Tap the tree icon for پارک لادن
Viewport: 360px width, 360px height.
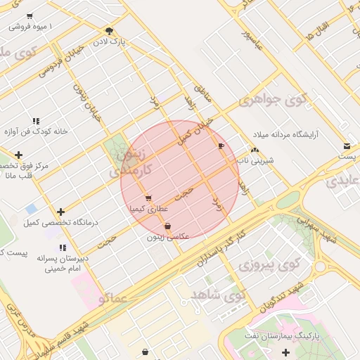point(109,31)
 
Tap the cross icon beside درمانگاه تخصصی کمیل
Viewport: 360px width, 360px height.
point(62,212)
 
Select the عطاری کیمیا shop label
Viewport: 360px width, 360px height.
point(148,209)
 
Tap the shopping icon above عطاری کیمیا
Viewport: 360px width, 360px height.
point(148,198)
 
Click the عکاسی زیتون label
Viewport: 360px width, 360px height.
point(167,237)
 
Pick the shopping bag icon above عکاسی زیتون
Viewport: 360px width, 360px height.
point(167,226)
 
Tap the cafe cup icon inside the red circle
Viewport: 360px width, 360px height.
point(221,146)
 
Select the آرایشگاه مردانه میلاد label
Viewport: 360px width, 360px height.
point(295,134)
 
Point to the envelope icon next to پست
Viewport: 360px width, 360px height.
point(346,146)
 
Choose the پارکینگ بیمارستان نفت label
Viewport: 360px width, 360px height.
point(287,337)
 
